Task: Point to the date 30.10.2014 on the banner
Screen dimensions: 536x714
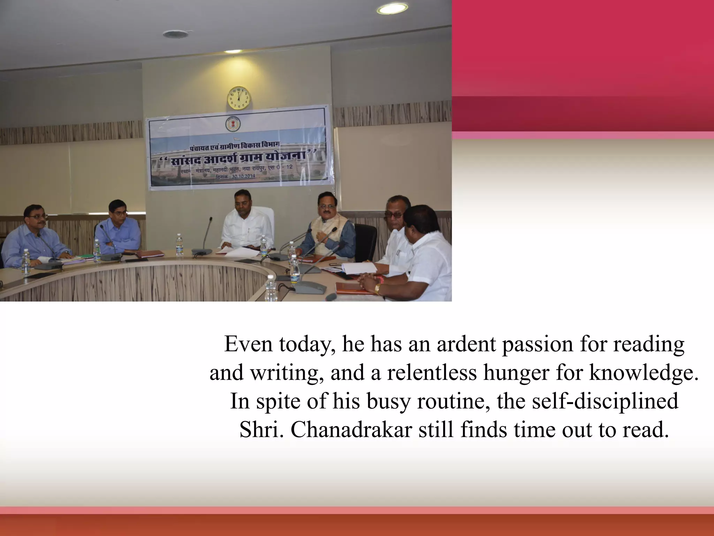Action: point(243,177)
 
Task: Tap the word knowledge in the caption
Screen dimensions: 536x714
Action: point(644,373)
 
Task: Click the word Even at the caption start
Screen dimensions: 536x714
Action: point(248,344)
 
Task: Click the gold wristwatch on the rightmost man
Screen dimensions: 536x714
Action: point(378,288)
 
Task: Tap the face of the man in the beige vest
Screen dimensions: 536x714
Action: point(327,207)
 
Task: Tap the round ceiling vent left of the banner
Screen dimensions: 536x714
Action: point(171,34)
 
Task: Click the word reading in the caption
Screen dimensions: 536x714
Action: point(649,344)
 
